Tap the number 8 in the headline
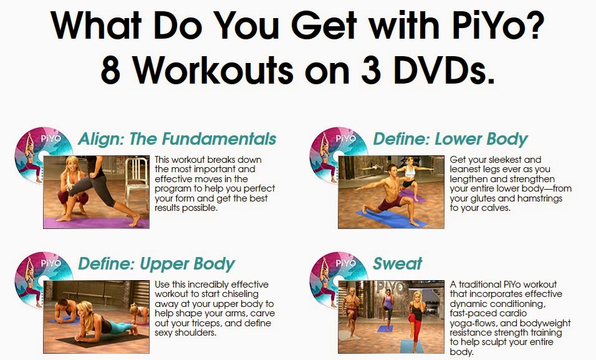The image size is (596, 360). click(x=111, y=70)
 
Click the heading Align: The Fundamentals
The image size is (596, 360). click(x=176, y=139)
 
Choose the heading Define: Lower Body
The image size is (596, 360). click(x=450, y=139)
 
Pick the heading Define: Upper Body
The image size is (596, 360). click(x=156, y=263)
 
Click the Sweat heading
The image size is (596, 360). click(x=398, y=263)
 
